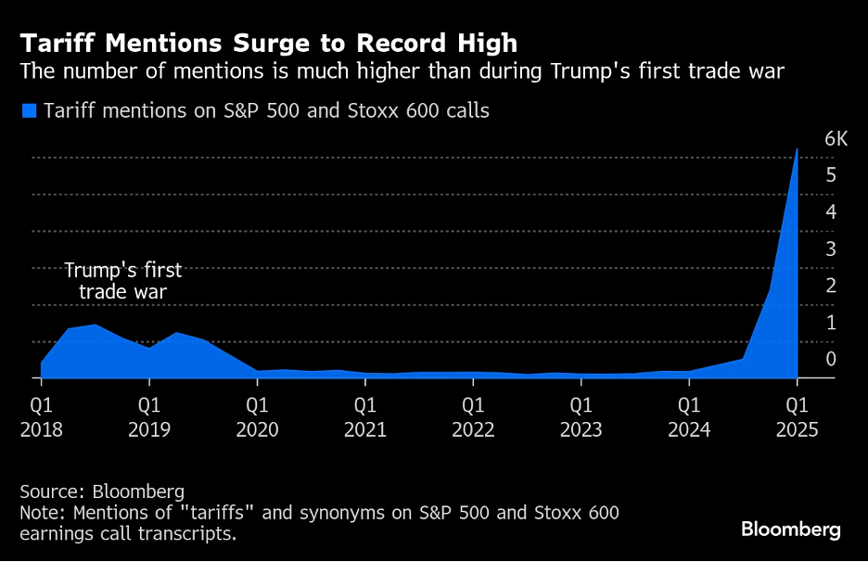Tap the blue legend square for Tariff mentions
click(29, 111)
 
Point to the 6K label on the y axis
click(836, 139)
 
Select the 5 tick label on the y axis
click(831, 175)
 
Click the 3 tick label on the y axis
click(831, 249)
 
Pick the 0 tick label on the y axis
click(831, 359)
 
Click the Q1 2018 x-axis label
click(41, 417)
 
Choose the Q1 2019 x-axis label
click(149, 417)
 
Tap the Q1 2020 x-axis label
click(257, 417)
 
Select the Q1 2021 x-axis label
click(365, 417)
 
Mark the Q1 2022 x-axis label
click(473, 417)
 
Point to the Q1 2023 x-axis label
click(581, 417)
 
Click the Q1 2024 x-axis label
click(689, 417)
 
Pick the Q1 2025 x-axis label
click(797, 417)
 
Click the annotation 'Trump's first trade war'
click(123, 282)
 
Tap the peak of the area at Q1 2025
click(797, 149)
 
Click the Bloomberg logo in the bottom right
click(790, 530)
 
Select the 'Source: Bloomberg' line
click(102, 492)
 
